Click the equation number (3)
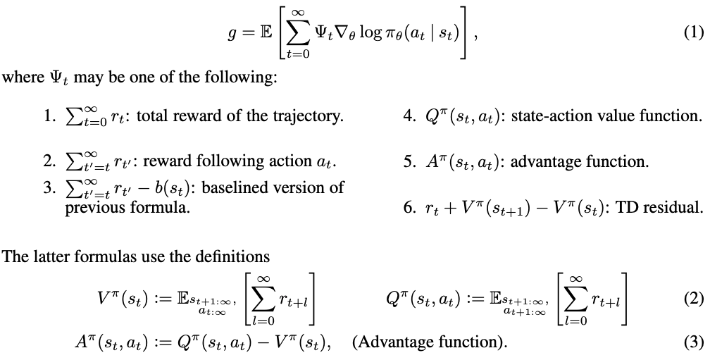point(695,342)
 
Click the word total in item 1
point(154,116)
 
